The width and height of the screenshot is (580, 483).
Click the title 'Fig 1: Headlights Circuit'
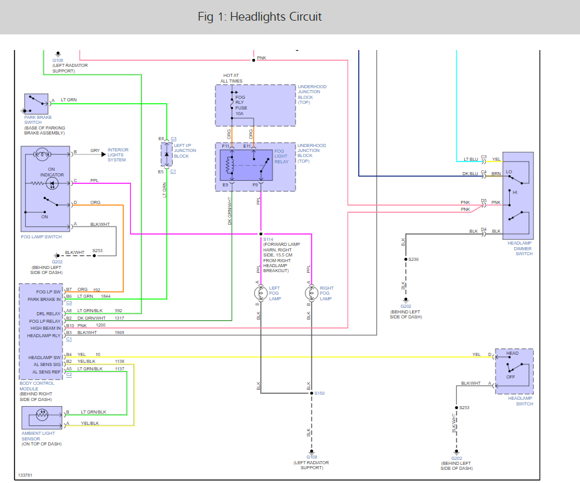pos(259,17)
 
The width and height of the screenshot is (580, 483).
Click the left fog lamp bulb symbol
pos(261,293)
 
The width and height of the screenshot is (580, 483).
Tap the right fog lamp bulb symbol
pos(309,293)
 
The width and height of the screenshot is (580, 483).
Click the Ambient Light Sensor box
pos(42,418)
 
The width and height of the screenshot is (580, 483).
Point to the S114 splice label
pos(268,240)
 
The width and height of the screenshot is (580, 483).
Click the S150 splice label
pos(319,394)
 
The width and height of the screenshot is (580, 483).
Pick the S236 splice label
pos(413,259)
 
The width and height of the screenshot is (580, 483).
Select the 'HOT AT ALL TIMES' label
pos(231,78)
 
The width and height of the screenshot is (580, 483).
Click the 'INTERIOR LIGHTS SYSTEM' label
pos(118,155)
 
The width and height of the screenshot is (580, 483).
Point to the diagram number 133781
pos(26,475)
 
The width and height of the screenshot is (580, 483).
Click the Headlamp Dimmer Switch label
pos(520,248)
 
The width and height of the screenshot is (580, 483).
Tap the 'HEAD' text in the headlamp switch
pos(512,354)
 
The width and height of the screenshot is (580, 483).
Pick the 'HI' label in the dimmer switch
pos(515,193)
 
